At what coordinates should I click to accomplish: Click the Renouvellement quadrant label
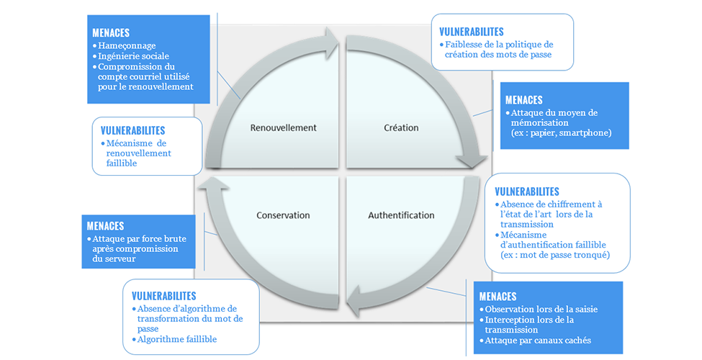(283, 128)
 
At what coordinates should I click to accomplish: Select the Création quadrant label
(401, 128)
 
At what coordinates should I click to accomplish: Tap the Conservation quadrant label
(283, 215)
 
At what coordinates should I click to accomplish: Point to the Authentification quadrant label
(401, 215)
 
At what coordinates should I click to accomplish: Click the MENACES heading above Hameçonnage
(111, 33)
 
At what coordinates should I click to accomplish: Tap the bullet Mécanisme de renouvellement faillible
(141, 153)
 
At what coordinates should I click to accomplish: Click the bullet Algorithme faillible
(176, 339)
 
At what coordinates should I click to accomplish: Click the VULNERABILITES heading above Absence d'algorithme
(164, 296)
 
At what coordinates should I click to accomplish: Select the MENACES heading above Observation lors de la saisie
(498, 297)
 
